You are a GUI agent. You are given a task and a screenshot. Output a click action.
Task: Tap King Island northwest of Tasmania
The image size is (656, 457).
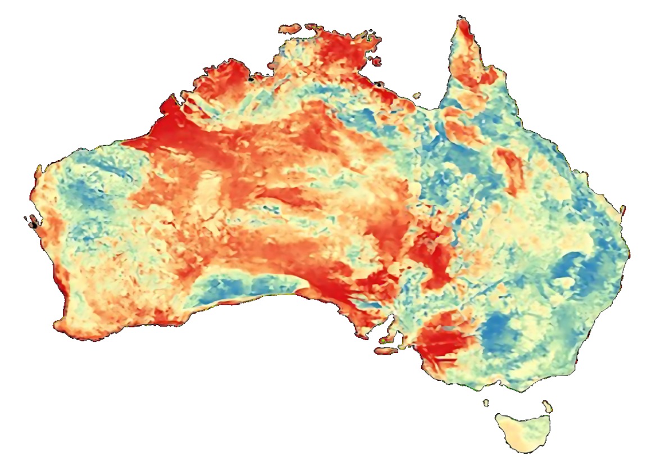(486, 402)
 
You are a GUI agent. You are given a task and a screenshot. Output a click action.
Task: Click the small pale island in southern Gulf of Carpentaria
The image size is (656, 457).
(416, 96)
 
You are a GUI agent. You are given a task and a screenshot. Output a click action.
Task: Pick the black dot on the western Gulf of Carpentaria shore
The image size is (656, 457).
(380, 85)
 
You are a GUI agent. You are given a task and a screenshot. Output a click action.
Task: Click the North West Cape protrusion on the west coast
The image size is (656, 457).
(38, 169)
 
